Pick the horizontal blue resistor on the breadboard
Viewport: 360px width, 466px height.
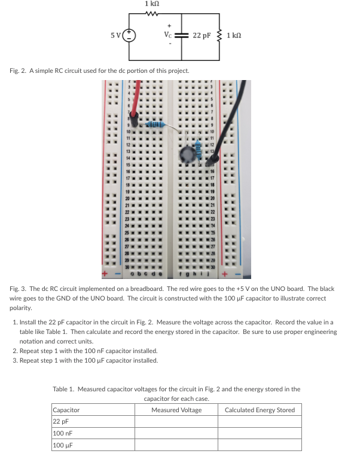tap(154, 124)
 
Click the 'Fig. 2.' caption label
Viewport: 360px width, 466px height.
tap(19, 71)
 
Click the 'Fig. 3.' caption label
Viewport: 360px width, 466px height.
tap(20, 289)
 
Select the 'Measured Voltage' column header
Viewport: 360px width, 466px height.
tap(176, 410)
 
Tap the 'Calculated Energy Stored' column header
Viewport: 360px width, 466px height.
tap(260, 410)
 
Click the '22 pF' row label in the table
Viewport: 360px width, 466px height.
tap(62, 422)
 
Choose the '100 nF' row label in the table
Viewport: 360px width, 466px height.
tap(63, 434)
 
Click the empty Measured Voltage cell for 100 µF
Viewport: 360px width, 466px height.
tap(176, 446)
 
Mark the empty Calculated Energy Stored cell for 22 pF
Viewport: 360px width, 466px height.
tap(260, 422)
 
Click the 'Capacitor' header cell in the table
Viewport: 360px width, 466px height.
tap(66, 410)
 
